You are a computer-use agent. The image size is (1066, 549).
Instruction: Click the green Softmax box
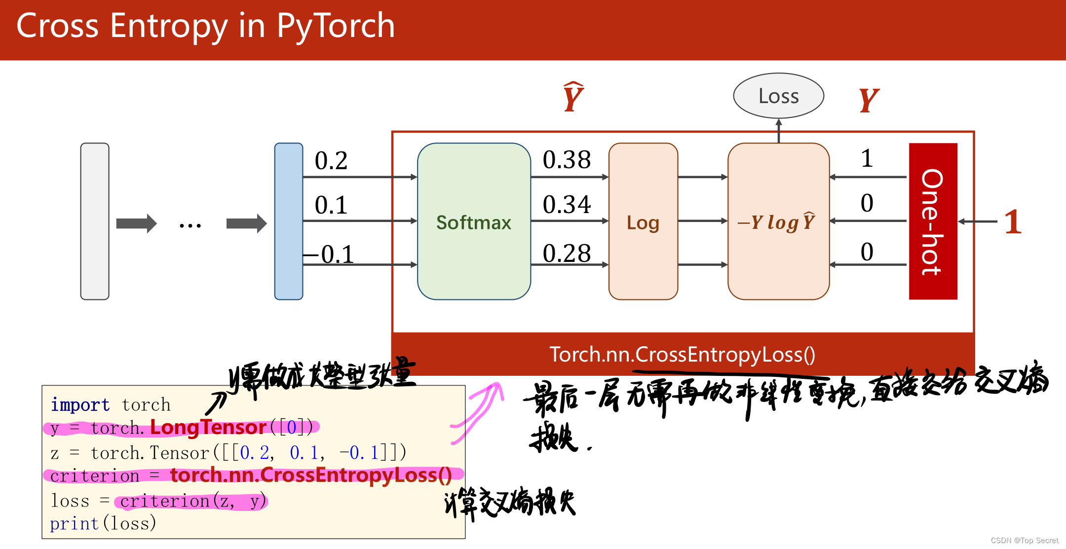pos(474,222)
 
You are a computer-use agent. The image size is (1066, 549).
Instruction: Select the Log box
pos(643,222)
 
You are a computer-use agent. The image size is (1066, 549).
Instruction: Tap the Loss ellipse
pos(778,96)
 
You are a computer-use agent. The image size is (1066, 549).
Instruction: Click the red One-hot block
pos(933,221)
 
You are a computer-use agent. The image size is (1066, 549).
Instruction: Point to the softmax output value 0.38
pos(567,160)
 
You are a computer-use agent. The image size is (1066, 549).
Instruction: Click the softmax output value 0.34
pos(567,204)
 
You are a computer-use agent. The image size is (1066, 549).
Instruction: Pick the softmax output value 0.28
pos(567,254)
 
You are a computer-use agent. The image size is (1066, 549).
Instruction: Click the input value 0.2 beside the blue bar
pos(331,161)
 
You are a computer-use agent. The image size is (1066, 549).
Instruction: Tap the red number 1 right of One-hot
pos(1013,221)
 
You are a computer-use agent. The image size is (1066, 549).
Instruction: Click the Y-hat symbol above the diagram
pos(573,98)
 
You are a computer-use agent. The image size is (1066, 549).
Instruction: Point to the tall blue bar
pos(289,221)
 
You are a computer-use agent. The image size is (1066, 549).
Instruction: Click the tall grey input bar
pos(95,221)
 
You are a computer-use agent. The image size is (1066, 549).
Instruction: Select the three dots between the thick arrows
pos(190,226)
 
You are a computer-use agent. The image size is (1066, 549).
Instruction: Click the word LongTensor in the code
pos(208,427)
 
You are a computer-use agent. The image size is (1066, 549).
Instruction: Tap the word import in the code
pos(80,405)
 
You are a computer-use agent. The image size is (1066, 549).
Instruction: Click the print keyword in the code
pos(75,523)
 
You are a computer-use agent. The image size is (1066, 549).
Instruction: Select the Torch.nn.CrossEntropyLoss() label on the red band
pos(682,355)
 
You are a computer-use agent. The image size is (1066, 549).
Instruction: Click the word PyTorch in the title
pos(336,26)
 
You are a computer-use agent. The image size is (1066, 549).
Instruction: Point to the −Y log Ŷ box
pos(778,222)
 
